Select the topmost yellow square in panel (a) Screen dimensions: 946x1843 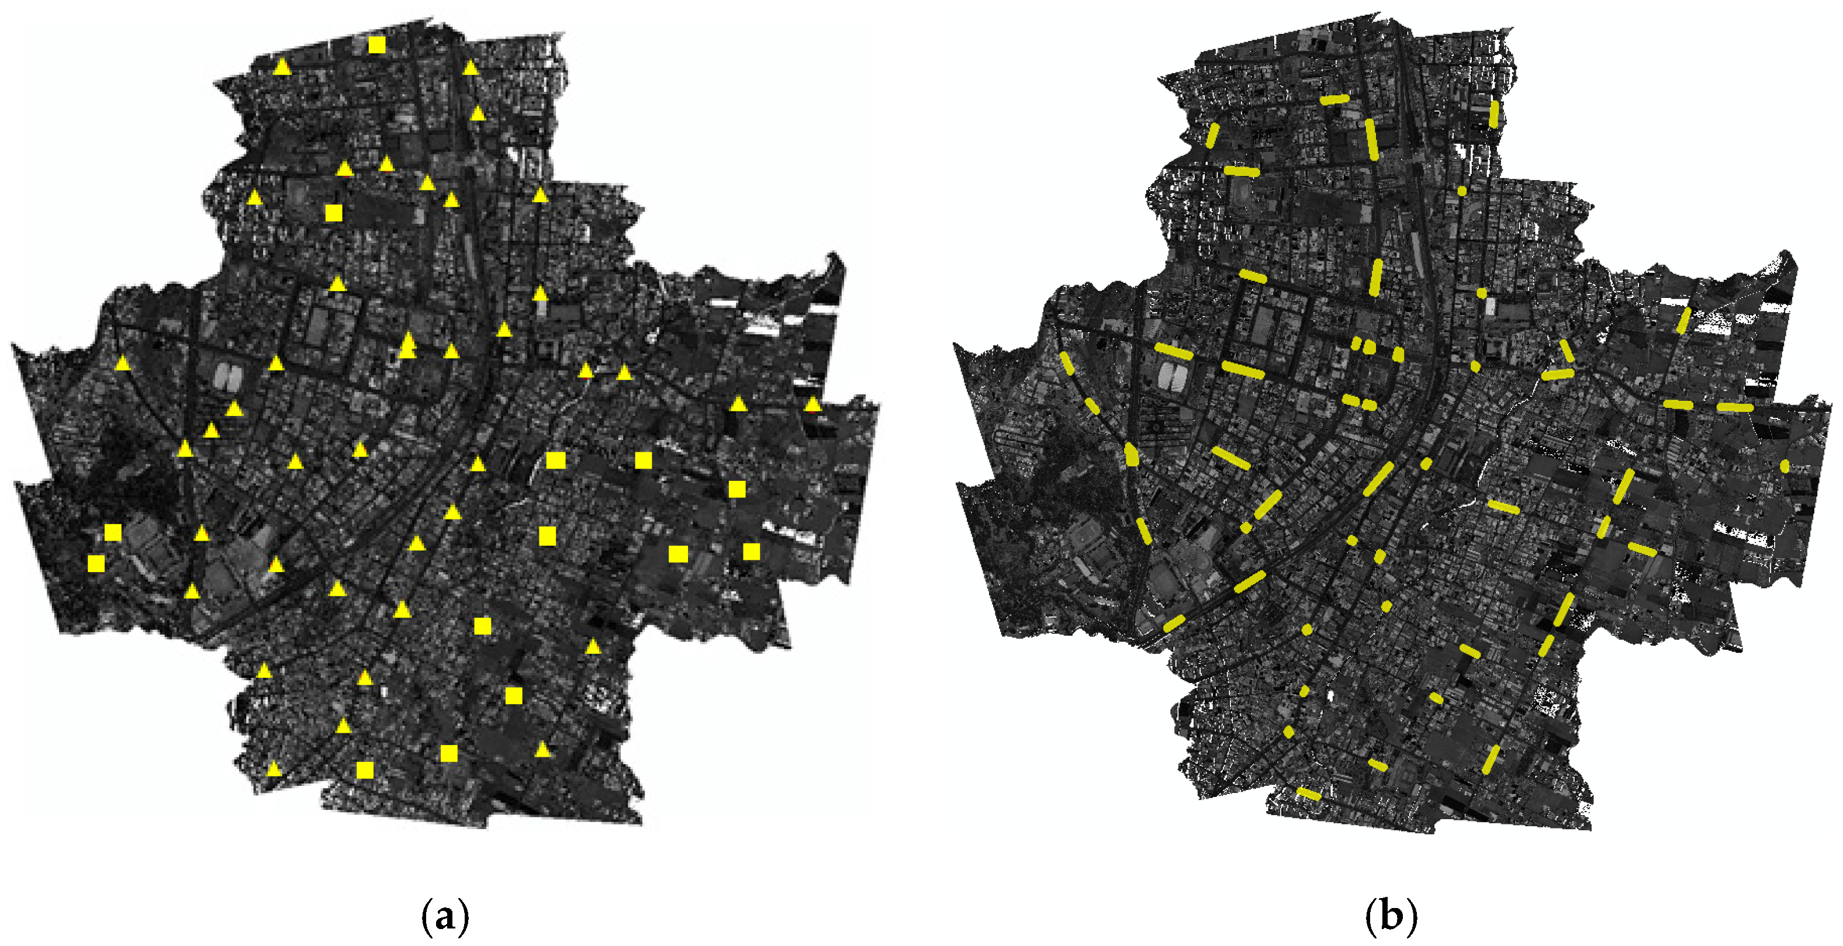[376, 45]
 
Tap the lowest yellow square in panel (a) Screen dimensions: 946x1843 [365, 770]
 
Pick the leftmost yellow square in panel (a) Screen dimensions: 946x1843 [96, 563]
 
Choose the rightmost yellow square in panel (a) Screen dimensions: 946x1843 [751, 550]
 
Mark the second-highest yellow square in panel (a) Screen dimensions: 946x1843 [333, 212]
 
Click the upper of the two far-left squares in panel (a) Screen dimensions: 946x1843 [112, 532]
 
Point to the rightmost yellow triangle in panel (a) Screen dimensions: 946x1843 [812, 405]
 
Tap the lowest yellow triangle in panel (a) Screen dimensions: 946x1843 [274, 769]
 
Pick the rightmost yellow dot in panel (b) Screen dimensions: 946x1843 [1785, 466]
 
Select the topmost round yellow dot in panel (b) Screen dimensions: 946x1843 [1462, 191]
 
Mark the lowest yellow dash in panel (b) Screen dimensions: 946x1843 [1309, 793]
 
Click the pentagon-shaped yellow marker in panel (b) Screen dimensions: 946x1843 [1131, 454]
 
